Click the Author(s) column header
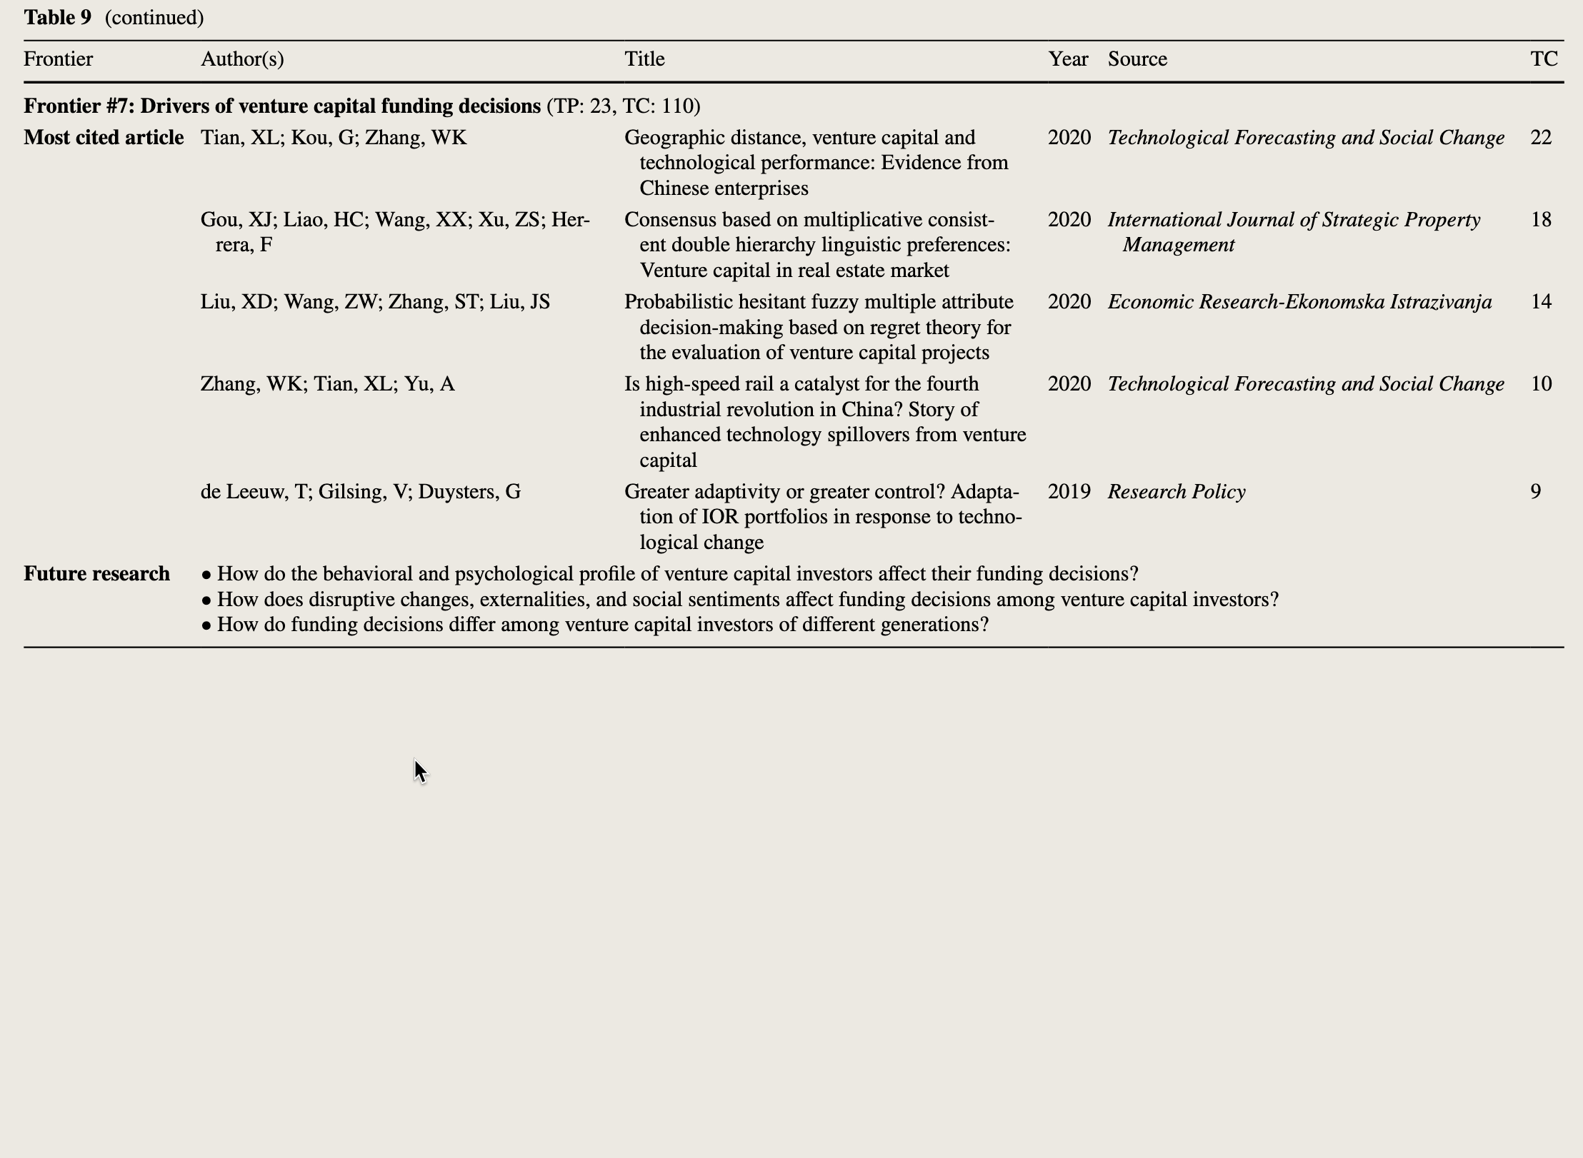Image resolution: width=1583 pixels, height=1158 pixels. coord(242,59)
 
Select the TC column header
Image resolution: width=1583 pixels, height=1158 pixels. coord(1544,59)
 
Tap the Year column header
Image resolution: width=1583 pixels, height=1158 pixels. coord(1068,59)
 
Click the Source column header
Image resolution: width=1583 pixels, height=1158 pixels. coord(1137,59)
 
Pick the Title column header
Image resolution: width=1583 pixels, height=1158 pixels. coord(644,59)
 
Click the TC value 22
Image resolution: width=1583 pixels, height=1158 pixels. coord(1541,138)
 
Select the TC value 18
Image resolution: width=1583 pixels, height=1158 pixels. coord(1541,220)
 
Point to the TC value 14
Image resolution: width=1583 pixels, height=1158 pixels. coord(1541,302)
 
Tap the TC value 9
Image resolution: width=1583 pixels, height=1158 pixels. coord(1536,492)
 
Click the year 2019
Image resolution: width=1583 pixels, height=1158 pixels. coord(1069,492)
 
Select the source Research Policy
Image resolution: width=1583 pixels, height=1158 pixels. coord(1177,492)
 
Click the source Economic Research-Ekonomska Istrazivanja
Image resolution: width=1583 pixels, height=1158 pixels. coord(1299,302)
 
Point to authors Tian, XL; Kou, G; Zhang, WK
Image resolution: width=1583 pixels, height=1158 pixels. coord(334,138)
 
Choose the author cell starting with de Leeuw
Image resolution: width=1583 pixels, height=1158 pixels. coord(361,492)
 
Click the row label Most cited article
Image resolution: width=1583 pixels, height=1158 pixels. coord(104,138)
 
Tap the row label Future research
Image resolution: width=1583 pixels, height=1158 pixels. coord(96,574)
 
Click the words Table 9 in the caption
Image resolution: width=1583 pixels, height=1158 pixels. coord(57,18)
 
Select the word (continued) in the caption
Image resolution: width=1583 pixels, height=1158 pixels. coord(154,18)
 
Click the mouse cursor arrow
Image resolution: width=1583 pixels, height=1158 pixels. coord(420,771)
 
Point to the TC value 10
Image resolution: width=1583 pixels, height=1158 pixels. coord(1541,384)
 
